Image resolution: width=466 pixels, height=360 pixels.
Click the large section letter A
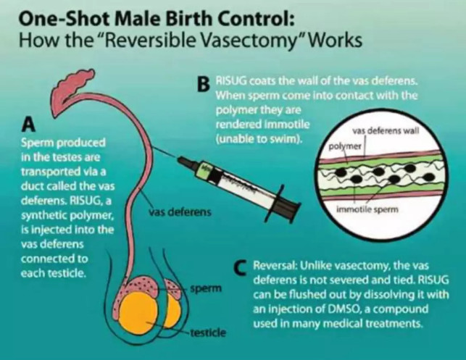click(29, 124)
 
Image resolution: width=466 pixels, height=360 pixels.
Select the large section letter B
click(204, 84)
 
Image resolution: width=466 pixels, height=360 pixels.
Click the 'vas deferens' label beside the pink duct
click(180, 212)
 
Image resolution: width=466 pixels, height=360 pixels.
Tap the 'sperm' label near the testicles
click(207, 288)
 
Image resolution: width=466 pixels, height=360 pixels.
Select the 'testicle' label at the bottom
click(208, 332)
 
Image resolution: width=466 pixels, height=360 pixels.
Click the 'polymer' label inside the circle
click(345, 147)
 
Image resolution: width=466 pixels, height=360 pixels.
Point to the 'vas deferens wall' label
click(386, 130)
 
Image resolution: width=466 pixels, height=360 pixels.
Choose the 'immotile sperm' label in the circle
click(367, 209)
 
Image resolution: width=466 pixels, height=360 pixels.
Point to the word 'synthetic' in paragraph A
click(43, 216)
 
